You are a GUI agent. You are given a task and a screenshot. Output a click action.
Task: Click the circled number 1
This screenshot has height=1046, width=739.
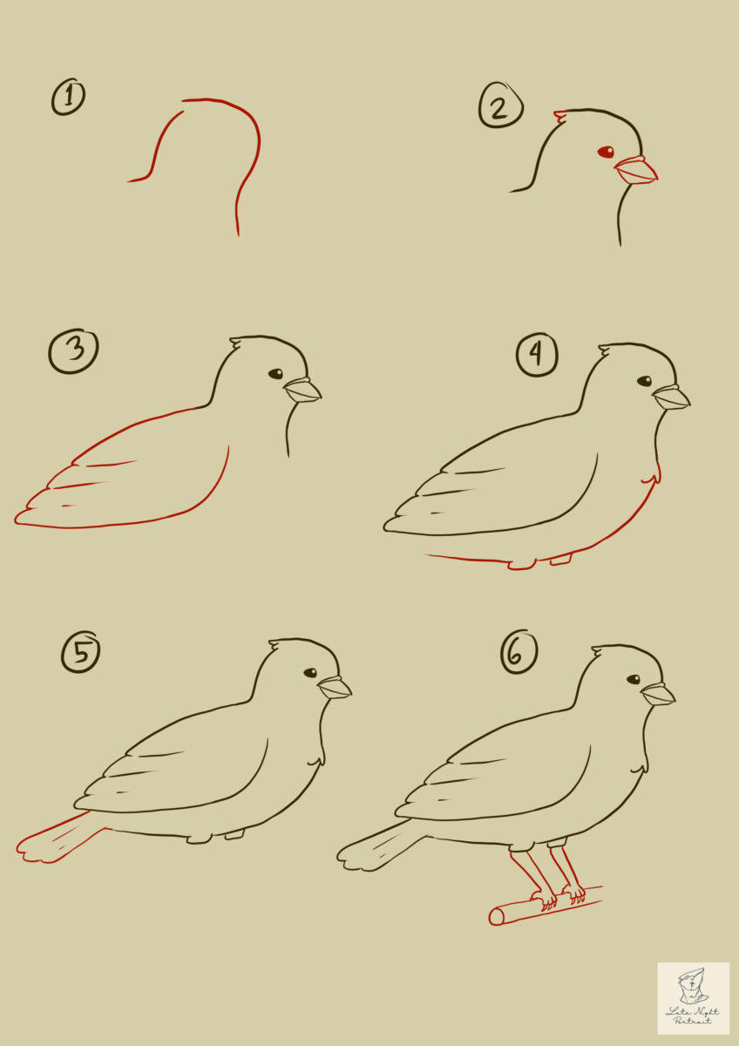click(68, 97)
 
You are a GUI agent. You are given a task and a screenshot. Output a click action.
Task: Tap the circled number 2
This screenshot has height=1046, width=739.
click(500, 108)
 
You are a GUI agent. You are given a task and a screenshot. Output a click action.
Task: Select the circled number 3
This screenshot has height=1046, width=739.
click(73, 351)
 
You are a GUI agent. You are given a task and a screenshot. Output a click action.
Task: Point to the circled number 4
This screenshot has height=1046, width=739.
click(537, 356)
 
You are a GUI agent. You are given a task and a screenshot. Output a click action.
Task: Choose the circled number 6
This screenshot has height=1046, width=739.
click(519, 653)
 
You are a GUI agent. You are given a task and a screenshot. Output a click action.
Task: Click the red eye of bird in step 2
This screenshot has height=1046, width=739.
click(606, 153)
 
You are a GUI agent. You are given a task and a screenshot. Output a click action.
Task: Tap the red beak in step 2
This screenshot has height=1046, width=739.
click(637, 171)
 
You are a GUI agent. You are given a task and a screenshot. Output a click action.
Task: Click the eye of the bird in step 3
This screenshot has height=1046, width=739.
click(275, 374)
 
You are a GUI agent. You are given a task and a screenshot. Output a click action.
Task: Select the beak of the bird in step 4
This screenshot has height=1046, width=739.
click(671, 397)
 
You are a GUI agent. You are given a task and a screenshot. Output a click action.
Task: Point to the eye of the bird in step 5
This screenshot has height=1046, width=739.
click(310, 673)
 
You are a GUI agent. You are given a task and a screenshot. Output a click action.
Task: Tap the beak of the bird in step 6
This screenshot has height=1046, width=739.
click(657, 694)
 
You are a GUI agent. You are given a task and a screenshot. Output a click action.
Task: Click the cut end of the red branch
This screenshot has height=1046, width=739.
click(496, 916)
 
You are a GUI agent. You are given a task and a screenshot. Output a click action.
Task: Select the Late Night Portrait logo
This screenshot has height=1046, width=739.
click(693, 998)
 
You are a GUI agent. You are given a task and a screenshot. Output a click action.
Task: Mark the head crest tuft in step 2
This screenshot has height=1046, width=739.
click(560, 115)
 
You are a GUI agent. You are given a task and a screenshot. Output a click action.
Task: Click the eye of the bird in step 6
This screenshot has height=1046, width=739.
click(634, 679)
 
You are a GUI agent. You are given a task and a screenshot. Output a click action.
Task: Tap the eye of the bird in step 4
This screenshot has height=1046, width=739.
click(644, 381)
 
